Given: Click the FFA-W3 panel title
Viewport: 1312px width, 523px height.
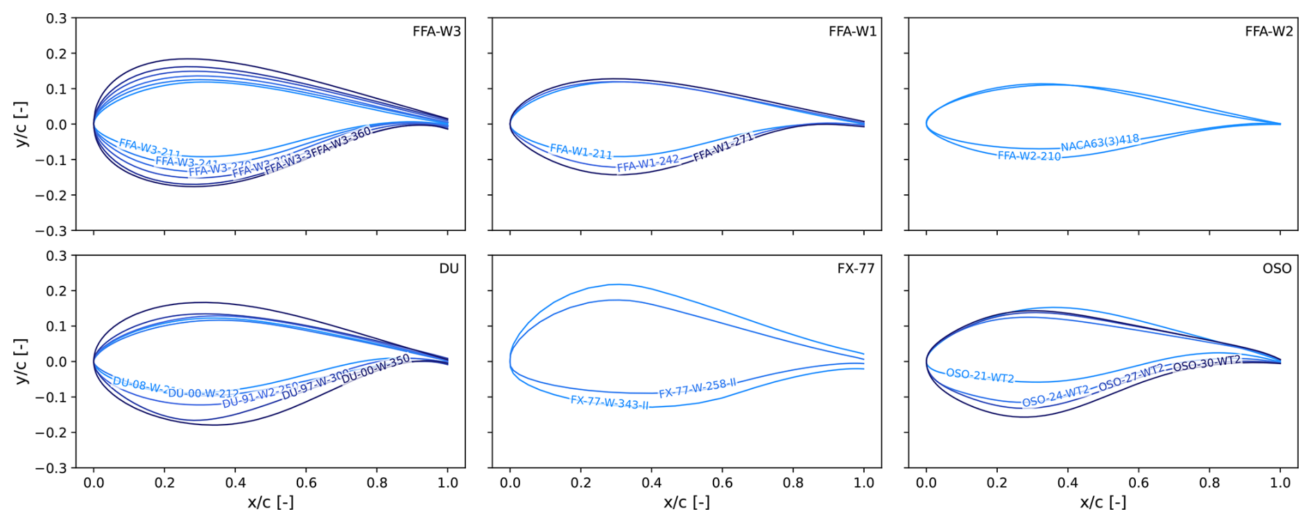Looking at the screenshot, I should tap(436, 31).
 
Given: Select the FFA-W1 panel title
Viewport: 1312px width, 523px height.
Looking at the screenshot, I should tap(852, 31).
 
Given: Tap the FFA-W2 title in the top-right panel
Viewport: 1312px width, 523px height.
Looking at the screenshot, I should tap(1268, 31).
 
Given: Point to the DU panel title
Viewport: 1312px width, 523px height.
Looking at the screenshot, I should tap(449, 268).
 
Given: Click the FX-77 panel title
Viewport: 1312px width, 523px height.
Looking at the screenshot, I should tap(856, 268).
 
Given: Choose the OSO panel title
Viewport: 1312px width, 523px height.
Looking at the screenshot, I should tap(1277, 268).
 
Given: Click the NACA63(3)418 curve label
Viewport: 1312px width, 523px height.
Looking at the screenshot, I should tap(1100, 143).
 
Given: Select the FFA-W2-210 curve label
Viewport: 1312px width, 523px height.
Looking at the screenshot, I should tap(1029, 156).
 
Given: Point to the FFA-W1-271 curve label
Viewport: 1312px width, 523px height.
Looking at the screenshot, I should tap(723, 147).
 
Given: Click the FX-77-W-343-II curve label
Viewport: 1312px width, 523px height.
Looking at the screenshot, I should tap(610, 402).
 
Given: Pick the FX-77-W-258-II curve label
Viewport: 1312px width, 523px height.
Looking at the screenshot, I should tap(697, 388).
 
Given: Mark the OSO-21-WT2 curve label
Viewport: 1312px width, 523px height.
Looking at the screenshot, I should tap(980, 376).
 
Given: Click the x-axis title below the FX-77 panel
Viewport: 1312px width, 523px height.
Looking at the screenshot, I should tap(687, 502).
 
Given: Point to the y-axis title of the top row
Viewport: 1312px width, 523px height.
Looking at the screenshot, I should tap(21, 124).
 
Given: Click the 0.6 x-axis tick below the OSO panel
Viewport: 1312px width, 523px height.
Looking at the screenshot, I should tap(1139, 483).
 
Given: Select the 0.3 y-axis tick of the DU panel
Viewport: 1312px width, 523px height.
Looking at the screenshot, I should tap(56, 256).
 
